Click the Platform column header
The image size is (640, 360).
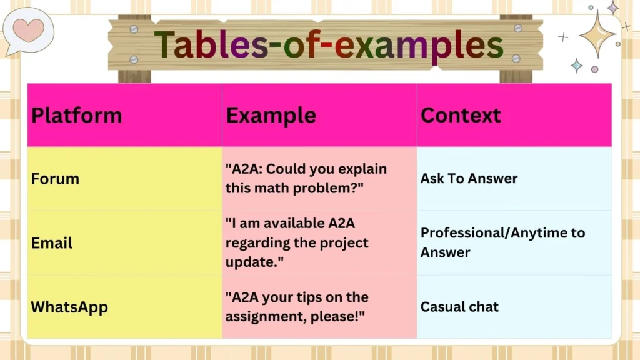(77, 116)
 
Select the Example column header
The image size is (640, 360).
(271, 116)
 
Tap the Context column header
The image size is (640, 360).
(461, 116)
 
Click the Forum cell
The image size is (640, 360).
(56, 179)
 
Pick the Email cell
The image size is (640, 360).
(52, 242)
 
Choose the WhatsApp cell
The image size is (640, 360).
(69, 307)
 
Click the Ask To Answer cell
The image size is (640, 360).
(469, 179)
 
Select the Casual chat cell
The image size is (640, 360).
(459, 307)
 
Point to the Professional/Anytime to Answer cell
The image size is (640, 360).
(502, 242)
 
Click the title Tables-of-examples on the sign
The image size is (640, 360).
(328, 46)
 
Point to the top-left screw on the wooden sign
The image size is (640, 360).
(134, 29)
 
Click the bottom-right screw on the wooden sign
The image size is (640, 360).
(516, 59)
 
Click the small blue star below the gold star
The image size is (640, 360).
(576, 66)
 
